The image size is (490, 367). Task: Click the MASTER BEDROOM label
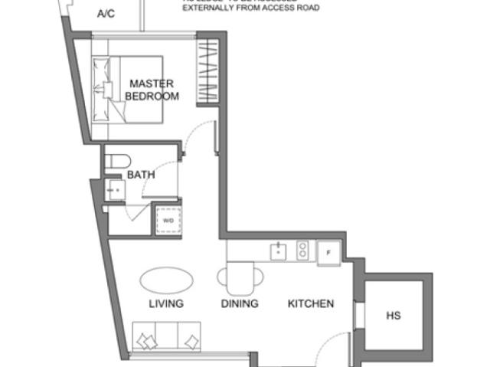click(152, 90)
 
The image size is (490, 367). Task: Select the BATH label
click(141, 175)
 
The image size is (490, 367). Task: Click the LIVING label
click(166, 303)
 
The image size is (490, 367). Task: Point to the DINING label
click(240, 303)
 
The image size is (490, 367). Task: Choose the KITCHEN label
click(311, 303)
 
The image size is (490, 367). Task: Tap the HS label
click(394, 315)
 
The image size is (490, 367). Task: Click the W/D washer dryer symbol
click(167, 221)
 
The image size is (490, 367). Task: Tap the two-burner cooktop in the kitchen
click(302, 250)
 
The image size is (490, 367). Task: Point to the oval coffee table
click(167, 278)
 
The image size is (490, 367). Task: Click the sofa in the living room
click(167, 338)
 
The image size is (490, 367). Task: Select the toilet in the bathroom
click(119, 162)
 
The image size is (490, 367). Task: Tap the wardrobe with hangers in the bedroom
click(208, 73)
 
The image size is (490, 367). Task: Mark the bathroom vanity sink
click(116, 189)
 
